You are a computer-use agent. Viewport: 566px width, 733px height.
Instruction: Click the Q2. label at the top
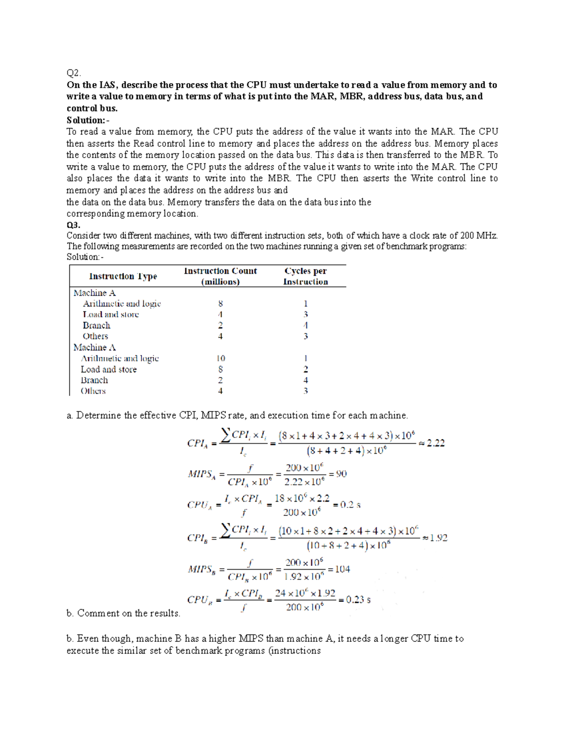tap(74, 73)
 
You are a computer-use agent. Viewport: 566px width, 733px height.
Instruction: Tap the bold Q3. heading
tap(74, 225)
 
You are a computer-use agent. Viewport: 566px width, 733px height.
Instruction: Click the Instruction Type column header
tap(123, 277)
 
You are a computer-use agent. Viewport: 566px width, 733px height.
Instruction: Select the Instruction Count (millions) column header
tap(220, 276)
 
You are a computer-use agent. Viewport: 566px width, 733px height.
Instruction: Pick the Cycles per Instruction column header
tap(305, 276)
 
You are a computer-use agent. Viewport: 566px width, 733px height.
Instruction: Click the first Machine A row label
tap(94, 293)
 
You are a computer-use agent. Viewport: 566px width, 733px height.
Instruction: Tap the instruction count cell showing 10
tap(220, 358)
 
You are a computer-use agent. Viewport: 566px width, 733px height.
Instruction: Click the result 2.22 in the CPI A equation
tap(435, 443)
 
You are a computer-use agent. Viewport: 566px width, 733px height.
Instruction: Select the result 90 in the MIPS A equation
tap(341, 474)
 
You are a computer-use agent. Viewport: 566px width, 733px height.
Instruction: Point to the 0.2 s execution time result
tap(350, 505)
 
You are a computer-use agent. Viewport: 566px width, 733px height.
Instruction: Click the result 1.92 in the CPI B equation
tap(438, 538)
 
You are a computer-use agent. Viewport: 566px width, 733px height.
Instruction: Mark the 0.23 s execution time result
tap(358, 599)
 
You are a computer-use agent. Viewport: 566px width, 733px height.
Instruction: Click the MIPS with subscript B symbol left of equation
tap(201, 570)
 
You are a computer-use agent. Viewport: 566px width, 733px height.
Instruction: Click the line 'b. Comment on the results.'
tap(124, 613)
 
